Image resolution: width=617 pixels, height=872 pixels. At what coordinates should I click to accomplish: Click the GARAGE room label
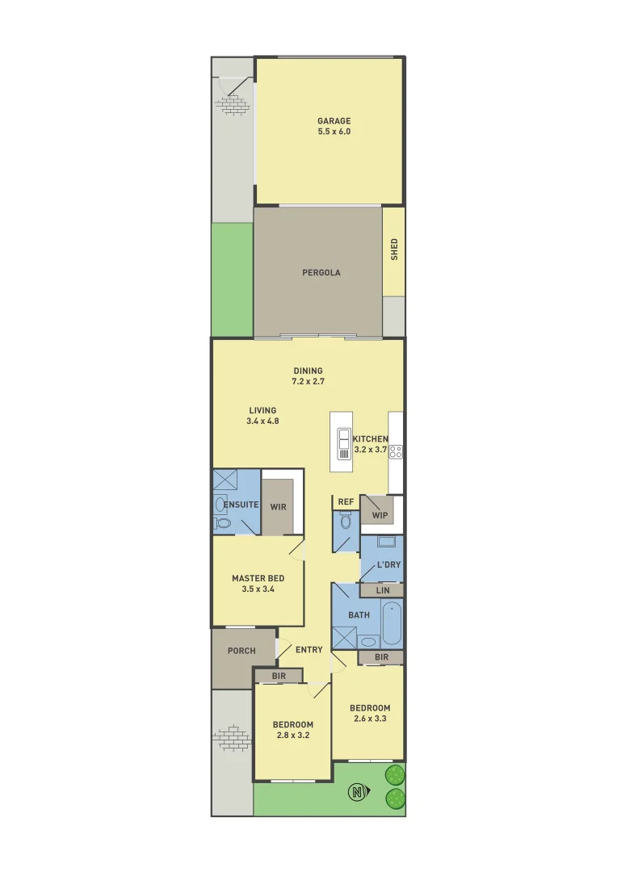[x=334, y=121]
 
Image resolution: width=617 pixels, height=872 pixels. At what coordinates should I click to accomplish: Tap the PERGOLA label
[x=321, y=273]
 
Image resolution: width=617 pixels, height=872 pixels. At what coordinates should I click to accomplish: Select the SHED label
[x=394, y=249]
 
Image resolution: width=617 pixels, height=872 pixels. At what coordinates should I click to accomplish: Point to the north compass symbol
[x=356, y=792]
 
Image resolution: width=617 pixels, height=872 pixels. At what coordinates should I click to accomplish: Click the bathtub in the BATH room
[x=392, y=623]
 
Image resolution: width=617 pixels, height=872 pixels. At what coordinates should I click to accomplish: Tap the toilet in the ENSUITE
[x=222, y=524]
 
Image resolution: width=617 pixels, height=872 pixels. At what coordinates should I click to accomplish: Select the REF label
[x=346, y=502]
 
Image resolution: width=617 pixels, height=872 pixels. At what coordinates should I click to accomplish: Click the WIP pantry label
[x=380, y=515]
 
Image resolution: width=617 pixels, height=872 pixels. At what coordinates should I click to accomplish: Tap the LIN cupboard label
[x=383, y=591]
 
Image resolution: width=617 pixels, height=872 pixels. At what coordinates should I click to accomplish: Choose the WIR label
[x=279, y=508]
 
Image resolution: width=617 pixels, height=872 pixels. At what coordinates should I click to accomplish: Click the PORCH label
[x=241, y=651]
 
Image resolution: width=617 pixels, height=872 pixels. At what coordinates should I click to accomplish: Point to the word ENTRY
[x=309, y=650]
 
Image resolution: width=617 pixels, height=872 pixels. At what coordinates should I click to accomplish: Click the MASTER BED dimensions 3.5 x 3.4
[x=258, y=589]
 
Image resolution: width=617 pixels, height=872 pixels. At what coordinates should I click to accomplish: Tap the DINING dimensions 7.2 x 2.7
[x=308, y=381]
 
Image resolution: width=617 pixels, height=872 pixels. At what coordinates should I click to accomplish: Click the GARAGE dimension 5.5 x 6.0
[x=334, y=132]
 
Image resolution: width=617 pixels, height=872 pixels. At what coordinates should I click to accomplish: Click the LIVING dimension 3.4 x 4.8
[x=262, y=421]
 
